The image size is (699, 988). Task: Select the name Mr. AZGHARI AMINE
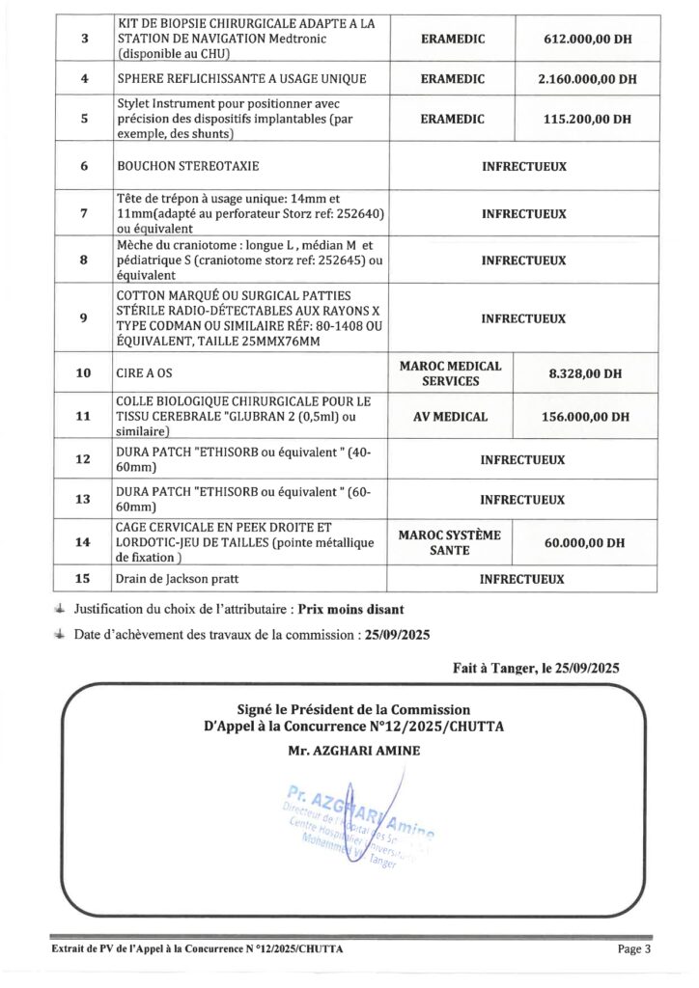(351, 749)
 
